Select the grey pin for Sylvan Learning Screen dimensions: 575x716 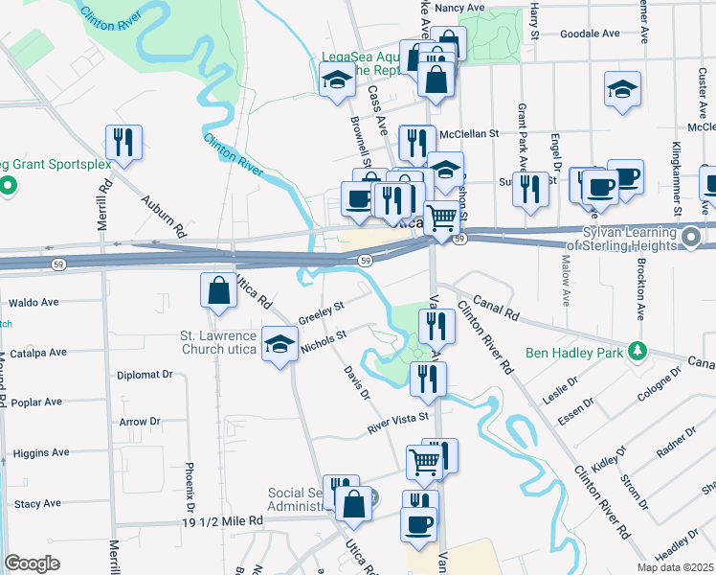pos(692,234)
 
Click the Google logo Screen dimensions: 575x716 pos(33,563)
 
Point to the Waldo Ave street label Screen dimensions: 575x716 pos(34,302)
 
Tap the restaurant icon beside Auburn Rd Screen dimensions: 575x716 pos(123,143)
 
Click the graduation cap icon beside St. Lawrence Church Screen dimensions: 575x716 pos(279,345)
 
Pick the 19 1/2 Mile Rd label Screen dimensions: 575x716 pos(221,521)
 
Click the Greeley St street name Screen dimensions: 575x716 pos(320,312)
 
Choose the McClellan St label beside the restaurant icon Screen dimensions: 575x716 pos(470,134)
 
